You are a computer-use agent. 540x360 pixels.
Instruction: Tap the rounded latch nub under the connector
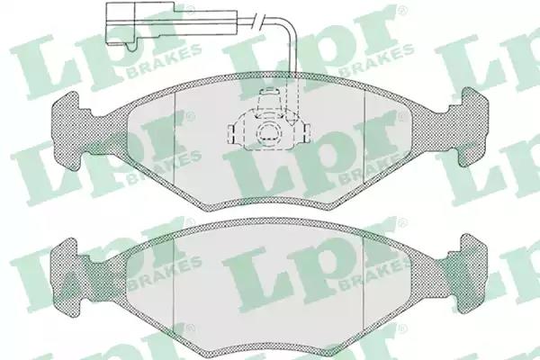pyautogui.click(x=130, y=48)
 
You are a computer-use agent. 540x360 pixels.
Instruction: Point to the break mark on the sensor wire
pyautogui.click(x=257, y=21)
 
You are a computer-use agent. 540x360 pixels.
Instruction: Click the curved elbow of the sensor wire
pyautogui.click(x=289, y=26)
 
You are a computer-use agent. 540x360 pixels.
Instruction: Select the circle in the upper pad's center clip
pyautogui.click(x=268, y=131)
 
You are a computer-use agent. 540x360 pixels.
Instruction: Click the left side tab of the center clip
pyautogui.click(x=231, y=133)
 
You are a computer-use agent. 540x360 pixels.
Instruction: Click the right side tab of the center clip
pyautogui.click(x=308, y=133)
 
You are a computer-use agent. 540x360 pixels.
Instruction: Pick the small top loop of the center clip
pyautogui.click(x=269, y=91)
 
